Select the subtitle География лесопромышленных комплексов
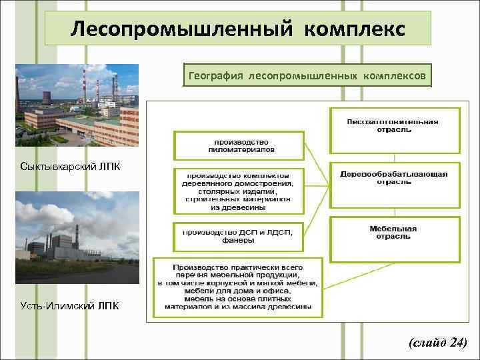tap(307, 76)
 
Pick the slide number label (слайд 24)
tap(437, 343)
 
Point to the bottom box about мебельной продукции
tap(237, 286)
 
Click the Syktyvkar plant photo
tap(77, 105)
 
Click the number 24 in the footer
tap(457, 343)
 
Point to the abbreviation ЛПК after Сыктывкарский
tap(109, 166)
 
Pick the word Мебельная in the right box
tap(393, 229)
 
